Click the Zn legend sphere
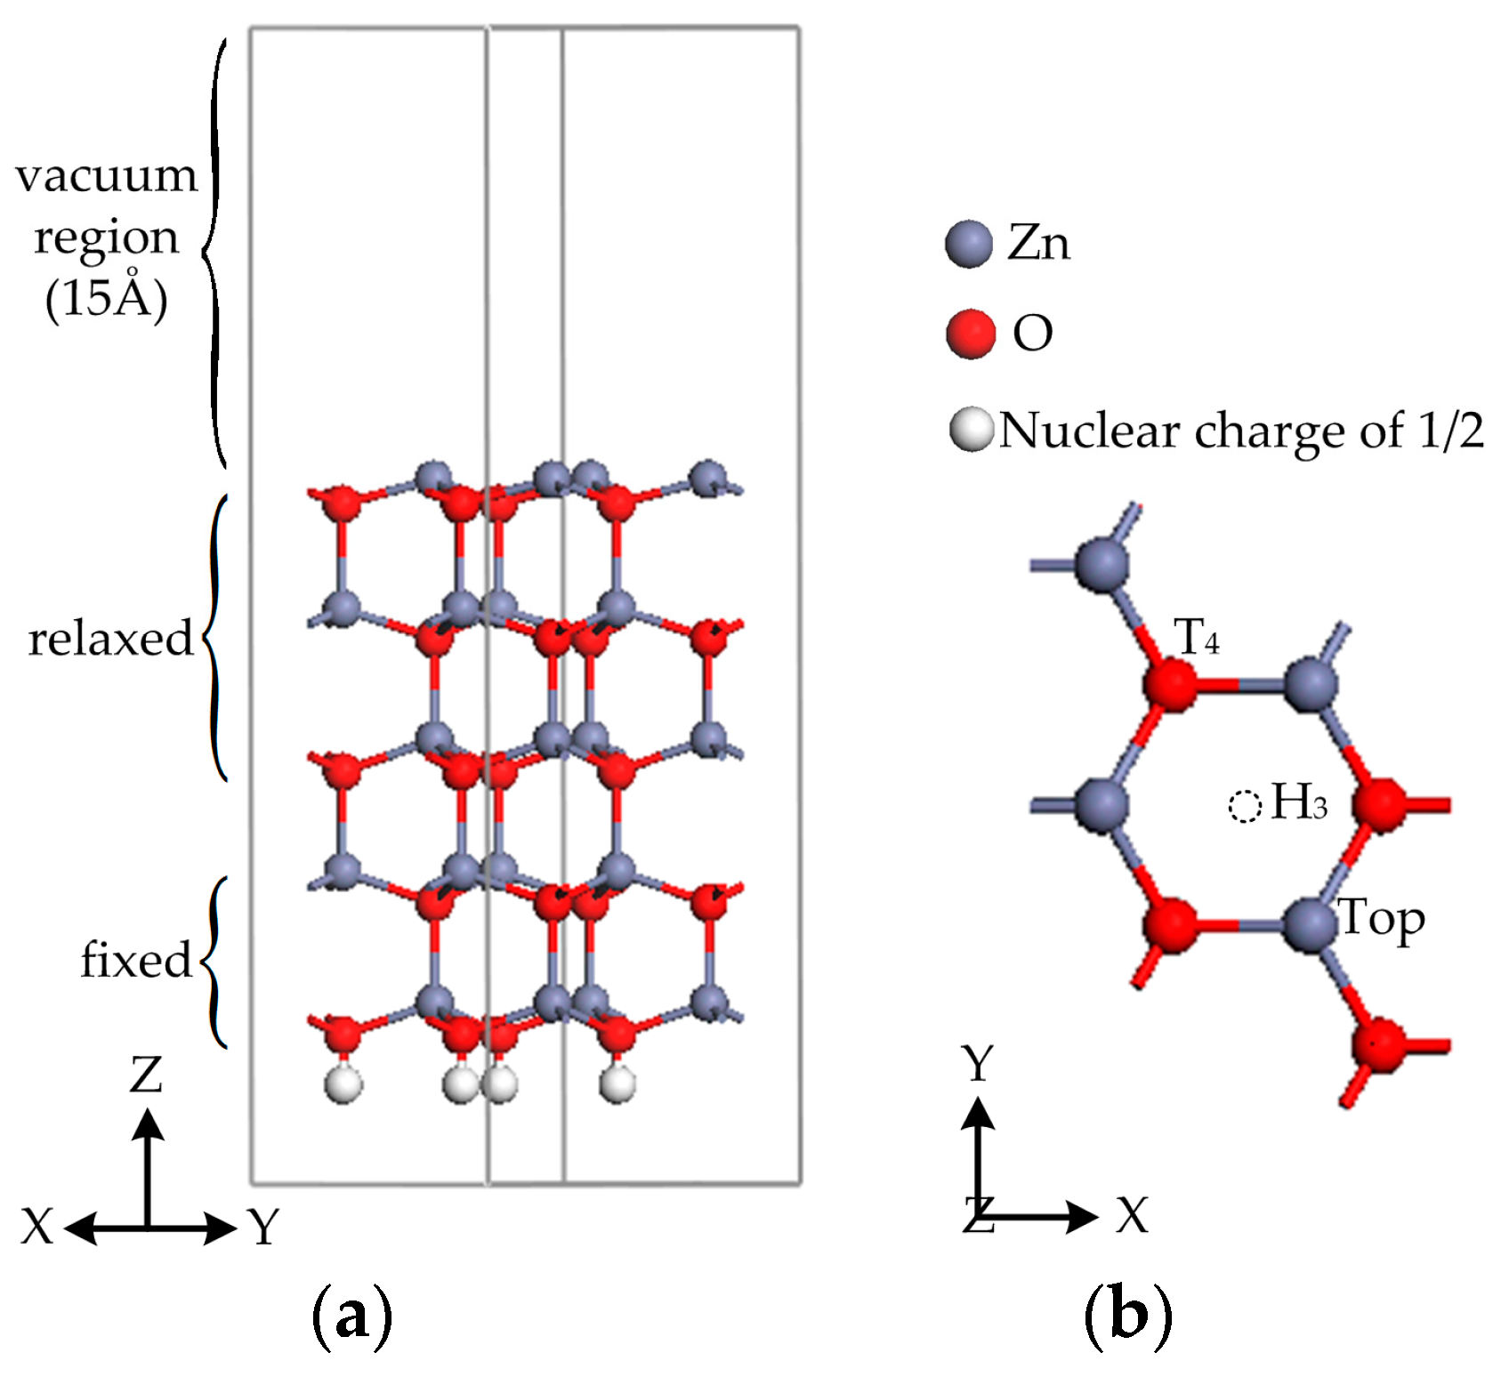click(968, 244)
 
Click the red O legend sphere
click(970, 334)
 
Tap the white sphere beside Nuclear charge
click(971, 430)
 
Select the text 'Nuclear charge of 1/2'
click(1241, 431)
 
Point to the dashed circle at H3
click(1244, 806)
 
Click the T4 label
click(1197, 638)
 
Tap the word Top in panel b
click(1382, 919)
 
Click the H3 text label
click(1299, 801)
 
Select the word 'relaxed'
click(110, 639)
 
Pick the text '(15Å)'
click(106, 299)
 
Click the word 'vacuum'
click(106, 175)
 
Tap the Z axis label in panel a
click(146, 1075)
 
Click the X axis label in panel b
click(1133, 1215)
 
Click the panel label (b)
click(1127, 1315)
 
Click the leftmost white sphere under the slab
click(343, 1085)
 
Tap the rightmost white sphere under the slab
click(617, 1084)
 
